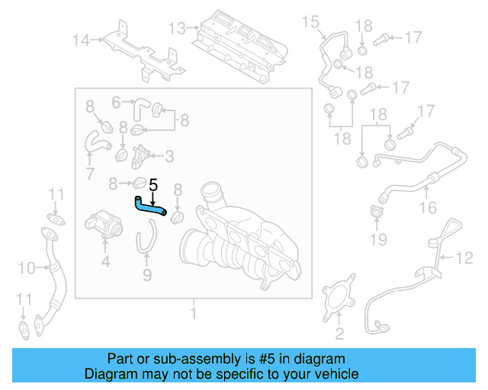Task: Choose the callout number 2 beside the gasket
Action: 339,333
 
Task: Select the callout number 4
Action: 105,262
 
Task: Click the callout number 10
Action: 27,268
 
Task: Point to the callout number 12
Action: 464,258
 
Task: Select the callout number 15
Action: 310,22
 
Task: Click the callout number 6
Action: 117,101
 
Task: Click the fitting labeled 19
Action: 377,213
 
